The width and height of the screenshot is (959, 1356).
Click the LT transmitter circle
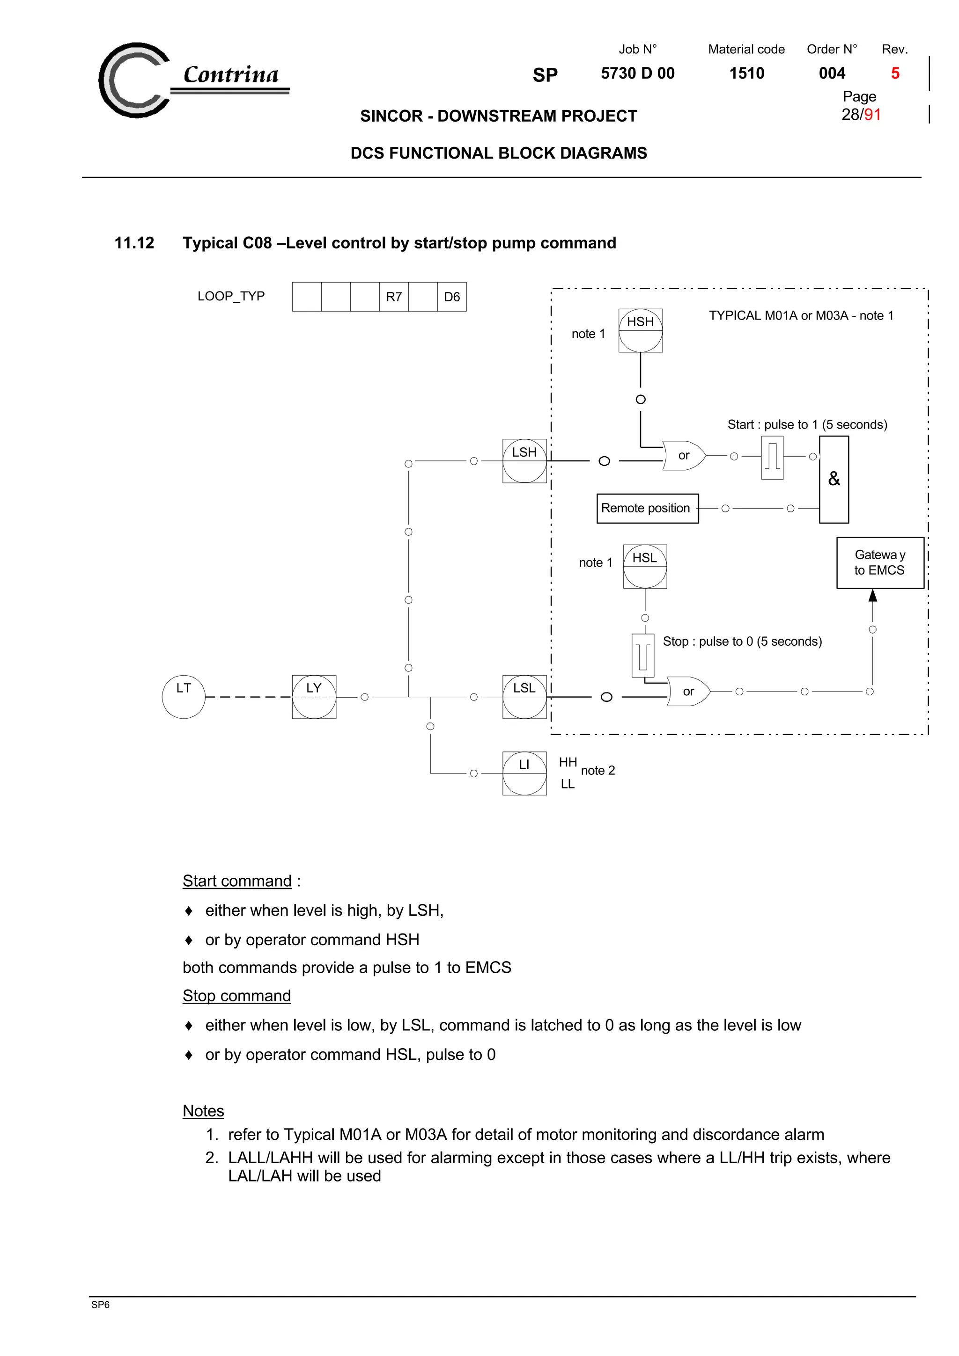[183, 697]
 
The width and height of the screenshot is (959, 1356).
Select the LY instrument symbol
[314, 697]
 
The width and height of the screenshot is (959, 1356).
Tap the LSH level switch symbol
[524, 461]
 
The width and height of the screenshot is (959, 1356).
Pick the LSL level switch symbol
[524, 697]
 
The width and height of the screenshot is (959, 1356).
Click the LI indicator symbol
[524, 773]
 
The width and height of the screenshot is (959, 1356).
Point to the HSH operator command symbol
[641, 331]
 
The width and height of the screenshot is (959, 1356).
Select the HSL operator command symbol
[645, 566]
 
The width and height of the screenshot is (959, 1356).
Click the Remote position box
[647, 509]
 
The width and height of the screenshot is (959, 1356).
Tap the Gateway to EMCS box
[880, 563]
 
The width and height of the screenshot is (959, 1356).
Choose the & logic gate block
[834, 480]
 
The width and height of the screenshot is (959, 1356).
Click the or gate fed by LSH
[684, 455]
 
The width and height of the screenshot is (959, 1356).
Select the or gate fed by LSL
[688, 692]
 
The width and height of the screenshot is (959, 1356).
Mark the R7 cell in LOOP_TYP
[393, 297]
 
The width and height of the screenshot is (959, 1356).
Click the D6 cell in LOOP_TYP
[451, 297]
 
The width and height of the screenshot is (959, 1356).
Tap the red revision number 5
[895, 73]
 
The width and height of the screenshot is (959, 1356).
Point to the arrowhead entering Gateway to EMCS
[873, 595]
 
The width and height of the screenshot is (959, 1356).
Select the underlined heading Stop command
[236, 996]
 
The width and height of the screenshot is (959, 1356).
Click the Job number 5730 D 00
[638, 73]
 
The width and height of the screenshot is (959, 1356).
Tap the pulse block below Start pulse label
[772, 458]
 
